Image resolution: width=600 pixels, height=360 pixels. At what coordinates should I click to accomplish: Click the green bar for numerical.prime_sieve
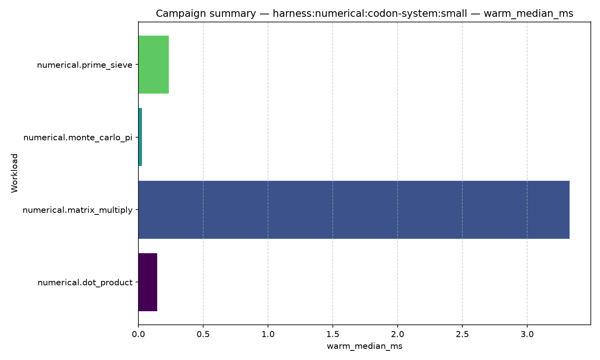tap(154, 64)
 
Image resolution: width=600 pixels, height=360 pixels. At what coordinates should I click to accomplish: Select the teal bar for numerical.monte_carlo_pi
tap(140, 137)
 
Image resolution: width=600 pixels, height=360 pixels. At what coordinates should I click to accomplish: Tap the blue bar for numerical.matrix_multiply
tap(354, 210)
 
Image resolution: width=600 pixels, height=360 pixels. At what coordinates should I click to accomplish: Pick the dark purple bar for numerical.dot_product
tap(148, 282)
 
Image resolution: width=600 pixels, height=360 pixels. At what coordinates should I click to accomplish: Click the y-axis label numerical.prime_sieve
tap(85, 65)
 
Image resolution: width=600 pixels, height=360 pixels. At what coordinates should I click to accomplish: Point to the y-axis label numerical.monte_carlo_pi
tap(78, 138)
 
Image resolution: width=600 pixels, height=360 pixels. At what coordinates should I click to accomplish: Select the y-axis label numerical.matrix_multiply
tap(78, 210)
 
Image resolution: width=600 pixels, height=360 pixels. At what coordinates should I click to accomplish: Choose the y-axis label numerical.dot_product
tap(85, 282)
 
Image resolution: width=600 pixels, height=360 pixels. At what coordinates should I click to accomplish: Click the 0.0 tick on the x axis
tap(138, 334)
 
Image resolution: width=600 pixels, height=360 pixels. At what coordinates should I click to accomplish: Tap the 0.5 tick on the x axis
tap(203, 334)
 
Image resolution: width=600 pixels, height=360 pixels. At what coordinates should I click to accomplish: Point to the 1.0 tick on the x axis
tap(268, 334)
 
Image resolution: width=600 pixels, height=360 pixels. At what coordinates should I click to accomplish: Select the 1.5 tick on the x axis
tap(333, 334)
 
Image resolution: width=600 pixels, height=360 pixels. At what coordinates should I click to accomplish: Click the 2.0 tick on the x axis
tap(398, 334)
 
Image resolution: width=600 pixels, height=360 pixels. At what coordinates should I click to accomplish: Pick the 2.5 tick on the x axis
tap(462, 334)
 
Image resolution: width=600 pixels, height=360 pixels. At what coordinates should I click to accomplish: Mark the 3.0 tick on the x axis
tap(527, 334)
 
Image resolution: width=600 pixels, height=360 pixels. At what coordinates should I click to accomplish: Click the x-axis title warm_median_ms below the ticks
tap(364, 346)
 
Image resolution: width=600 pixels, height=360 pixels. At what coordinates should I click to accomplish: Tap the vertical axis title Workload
tap(14, 173)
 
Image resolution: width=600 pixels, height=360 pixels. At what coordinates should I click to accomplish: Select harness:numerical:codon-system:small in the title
tap(370, 13)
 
